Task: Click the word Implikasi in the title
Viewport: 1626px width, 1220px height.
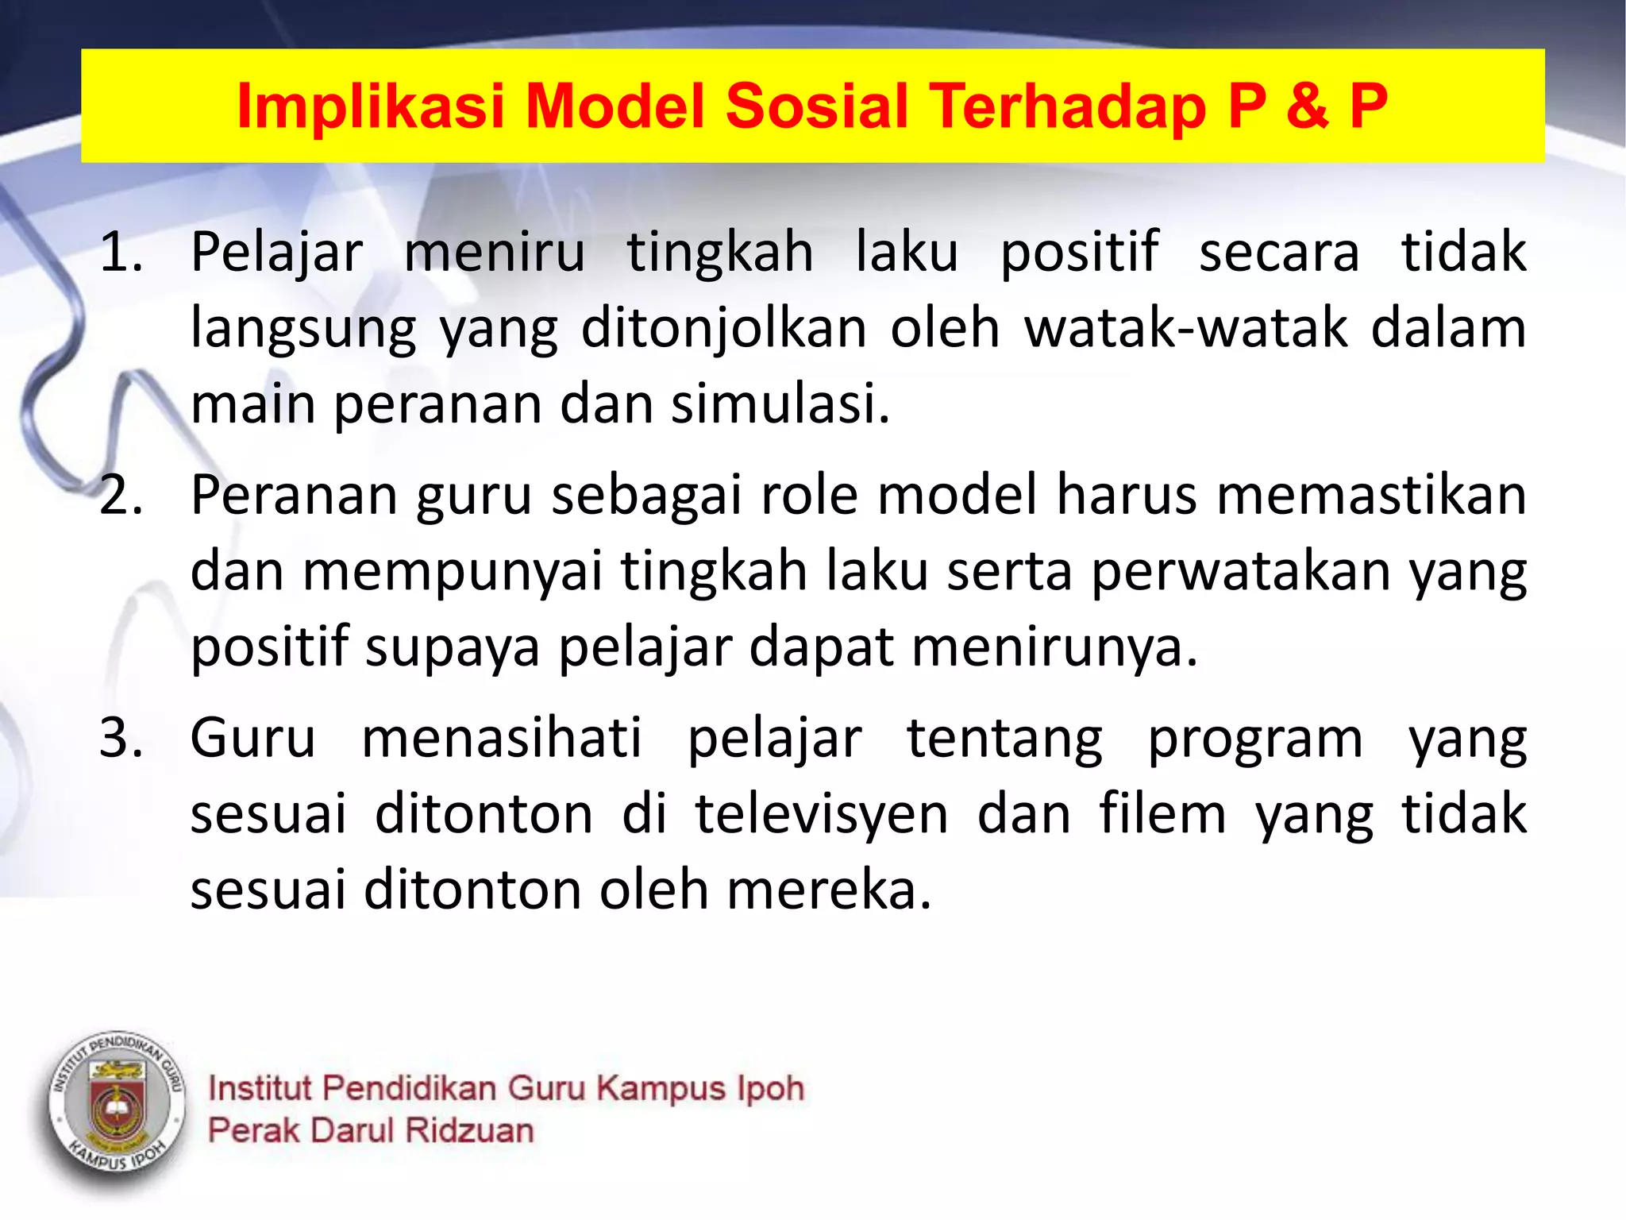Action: click(x=371, y=106)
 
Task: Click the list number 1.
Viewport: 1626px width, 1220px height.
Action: click(x=121, y=253)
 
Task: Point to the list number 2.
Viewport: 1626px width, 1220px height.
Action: click(x=121, y=496)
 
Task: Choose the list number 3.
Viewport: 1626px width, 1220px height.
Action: click(x=121, y=739)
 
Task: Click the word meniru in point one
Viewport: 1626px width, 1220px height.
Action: click(x=495, y=253)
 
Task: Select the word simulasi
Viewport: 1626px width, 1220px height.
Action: click(x=780, y=403)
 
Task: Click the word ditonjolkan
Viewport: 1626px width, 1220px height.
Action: click(x=723, y=328)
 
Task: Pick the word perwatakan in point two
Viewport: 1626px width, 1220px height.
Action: click(x=1241, y=571)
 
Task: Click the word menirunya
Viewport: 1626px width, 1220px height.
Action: click(x=1054, y=647)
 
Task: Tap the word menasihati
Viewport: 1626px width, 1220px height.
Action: click(x=502, y=739)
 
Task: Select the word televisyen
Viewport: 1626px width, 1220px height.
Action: click(x=822, y=814)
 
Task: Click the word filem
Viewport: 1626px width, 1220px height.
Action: click(x=1163, y=814)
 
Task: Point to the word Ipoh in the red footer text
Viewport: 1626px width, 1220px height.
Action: click(x=770, y=1088)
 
